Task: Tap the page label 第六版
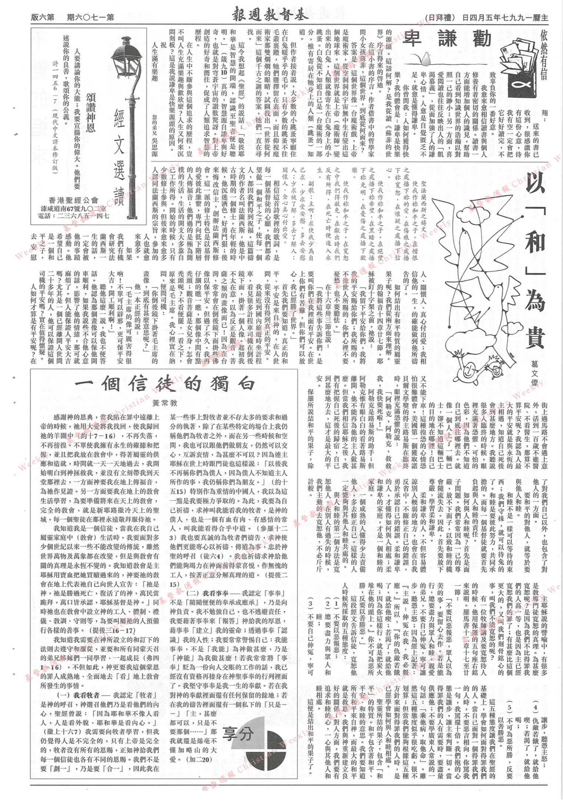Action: pos(43,17)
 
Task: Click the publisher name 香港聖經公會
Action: pos(74,200)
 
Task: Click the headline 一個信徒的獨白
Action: pos(165,384)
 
